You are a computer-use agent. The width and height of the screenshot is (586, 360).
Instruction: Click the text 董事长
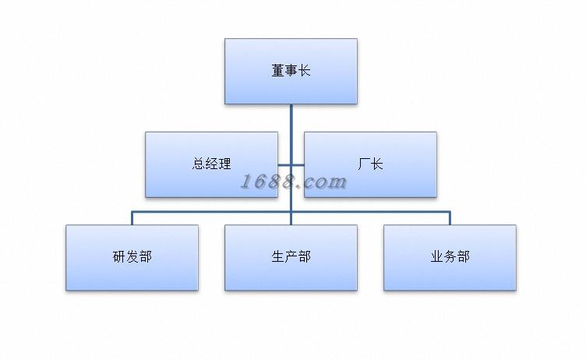point(291,72)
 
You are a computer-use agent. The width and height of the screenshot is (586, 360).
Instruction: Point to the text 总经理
point(211,164)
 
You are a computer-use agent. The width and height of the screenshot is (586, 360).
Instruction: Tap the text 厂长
point(370,164)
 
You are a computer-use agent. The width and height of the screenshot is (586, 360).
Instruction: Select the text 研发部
point(132,257)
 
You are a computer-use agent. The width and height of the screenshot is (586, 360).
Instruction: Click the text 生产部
point(291,257)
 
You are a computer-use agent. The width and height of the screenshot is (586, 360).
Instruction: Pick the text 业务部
point(450,257)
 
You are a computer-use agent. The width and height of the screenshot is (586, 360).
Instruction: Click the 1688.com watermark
point(293,182)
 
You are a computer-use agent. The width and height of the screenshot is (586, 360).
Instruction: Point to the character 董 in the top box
point(277,72)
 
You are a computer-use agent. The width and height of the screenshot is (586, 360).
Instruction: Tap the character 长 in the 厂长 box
point(377,164)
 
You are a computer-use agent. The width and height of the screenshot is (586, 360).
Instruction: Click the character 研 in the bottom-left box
point(118,257)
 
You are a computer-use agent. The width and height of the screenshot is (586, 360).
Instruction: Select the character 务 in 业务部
point(450,257)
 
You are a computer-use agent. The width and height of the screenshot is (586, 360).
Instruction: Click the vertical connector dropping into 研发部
point(132,218)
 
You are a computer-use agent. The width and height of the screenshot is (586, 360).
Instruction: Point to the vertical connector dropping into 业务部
point(450,218)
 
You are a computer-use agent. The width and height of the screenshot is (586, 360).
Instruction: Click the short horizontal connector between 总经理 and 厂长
point(291,164)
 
